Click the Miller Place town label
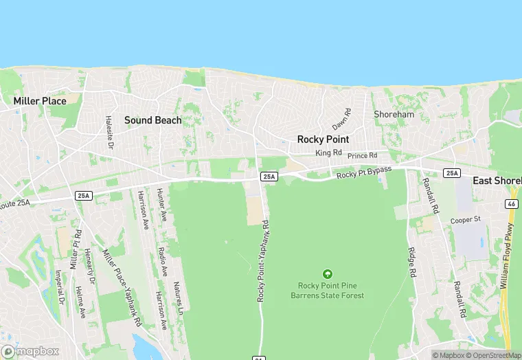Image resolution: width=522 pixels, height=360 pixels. click(x=40, y=101)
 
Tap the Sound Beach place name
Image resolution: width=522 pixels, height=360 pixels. click(x=153, y=120)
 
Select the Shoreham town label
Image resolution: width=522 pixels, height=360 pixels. click(x=394, y=114)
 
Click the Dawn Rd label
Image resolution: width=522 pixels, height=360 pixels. click(x=341, y=119)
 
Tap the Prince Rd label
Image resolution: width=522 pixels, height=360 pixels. click(x=363, y=156)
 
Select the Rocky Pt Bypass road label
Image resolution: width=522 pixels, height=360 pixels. click(x=363, y=173)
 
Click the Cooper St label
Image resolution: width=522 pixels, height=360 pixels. click(x=464, y=220)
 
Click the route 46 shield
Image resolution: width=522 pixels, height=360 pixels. click(x=511, y=204)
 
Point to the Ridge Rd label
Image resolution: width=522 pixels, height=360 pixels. click(x=412, y=262)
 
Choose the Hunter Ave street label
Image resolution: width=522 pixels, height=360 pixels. click(x=163, y=205)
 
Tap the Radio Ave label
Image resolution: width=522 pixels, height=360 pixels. click(x=162, y=262)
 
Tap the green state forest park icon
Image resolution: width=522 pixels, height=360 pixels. click(x=327, y=274)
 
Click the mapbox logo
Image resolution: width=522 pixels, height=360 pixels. click(x=31, y=351)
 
